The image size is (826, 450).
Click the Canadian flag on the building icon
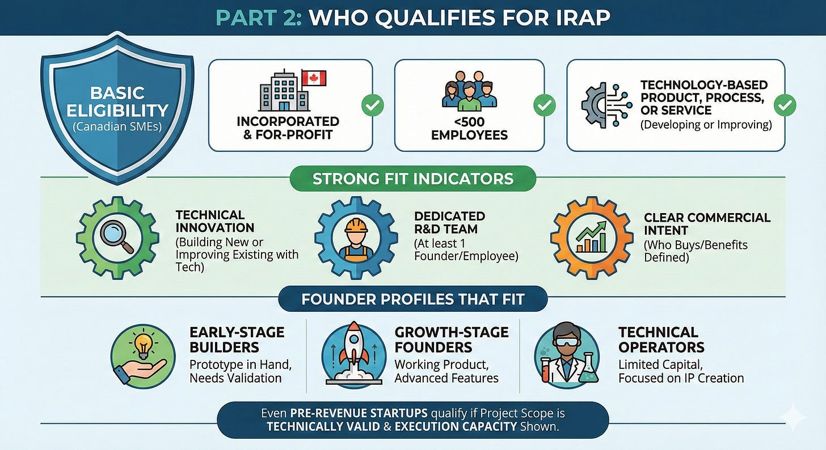314,79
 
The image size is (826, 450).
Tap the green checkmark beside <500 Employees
543,105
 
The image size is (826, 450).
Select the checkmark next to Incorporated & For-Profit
373,105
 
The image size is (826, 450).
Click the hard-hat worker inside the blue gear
355,237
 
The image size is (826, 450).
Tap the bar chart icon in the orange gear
591,237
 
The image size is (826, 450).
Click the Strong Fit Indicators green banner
412,179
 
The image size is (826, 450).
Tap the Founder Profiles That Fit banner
412,299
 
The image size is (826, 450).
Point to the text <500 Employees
469,128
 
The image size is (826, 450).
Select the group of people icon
469,91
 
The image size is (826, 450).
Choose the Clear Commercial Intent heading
706,224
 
